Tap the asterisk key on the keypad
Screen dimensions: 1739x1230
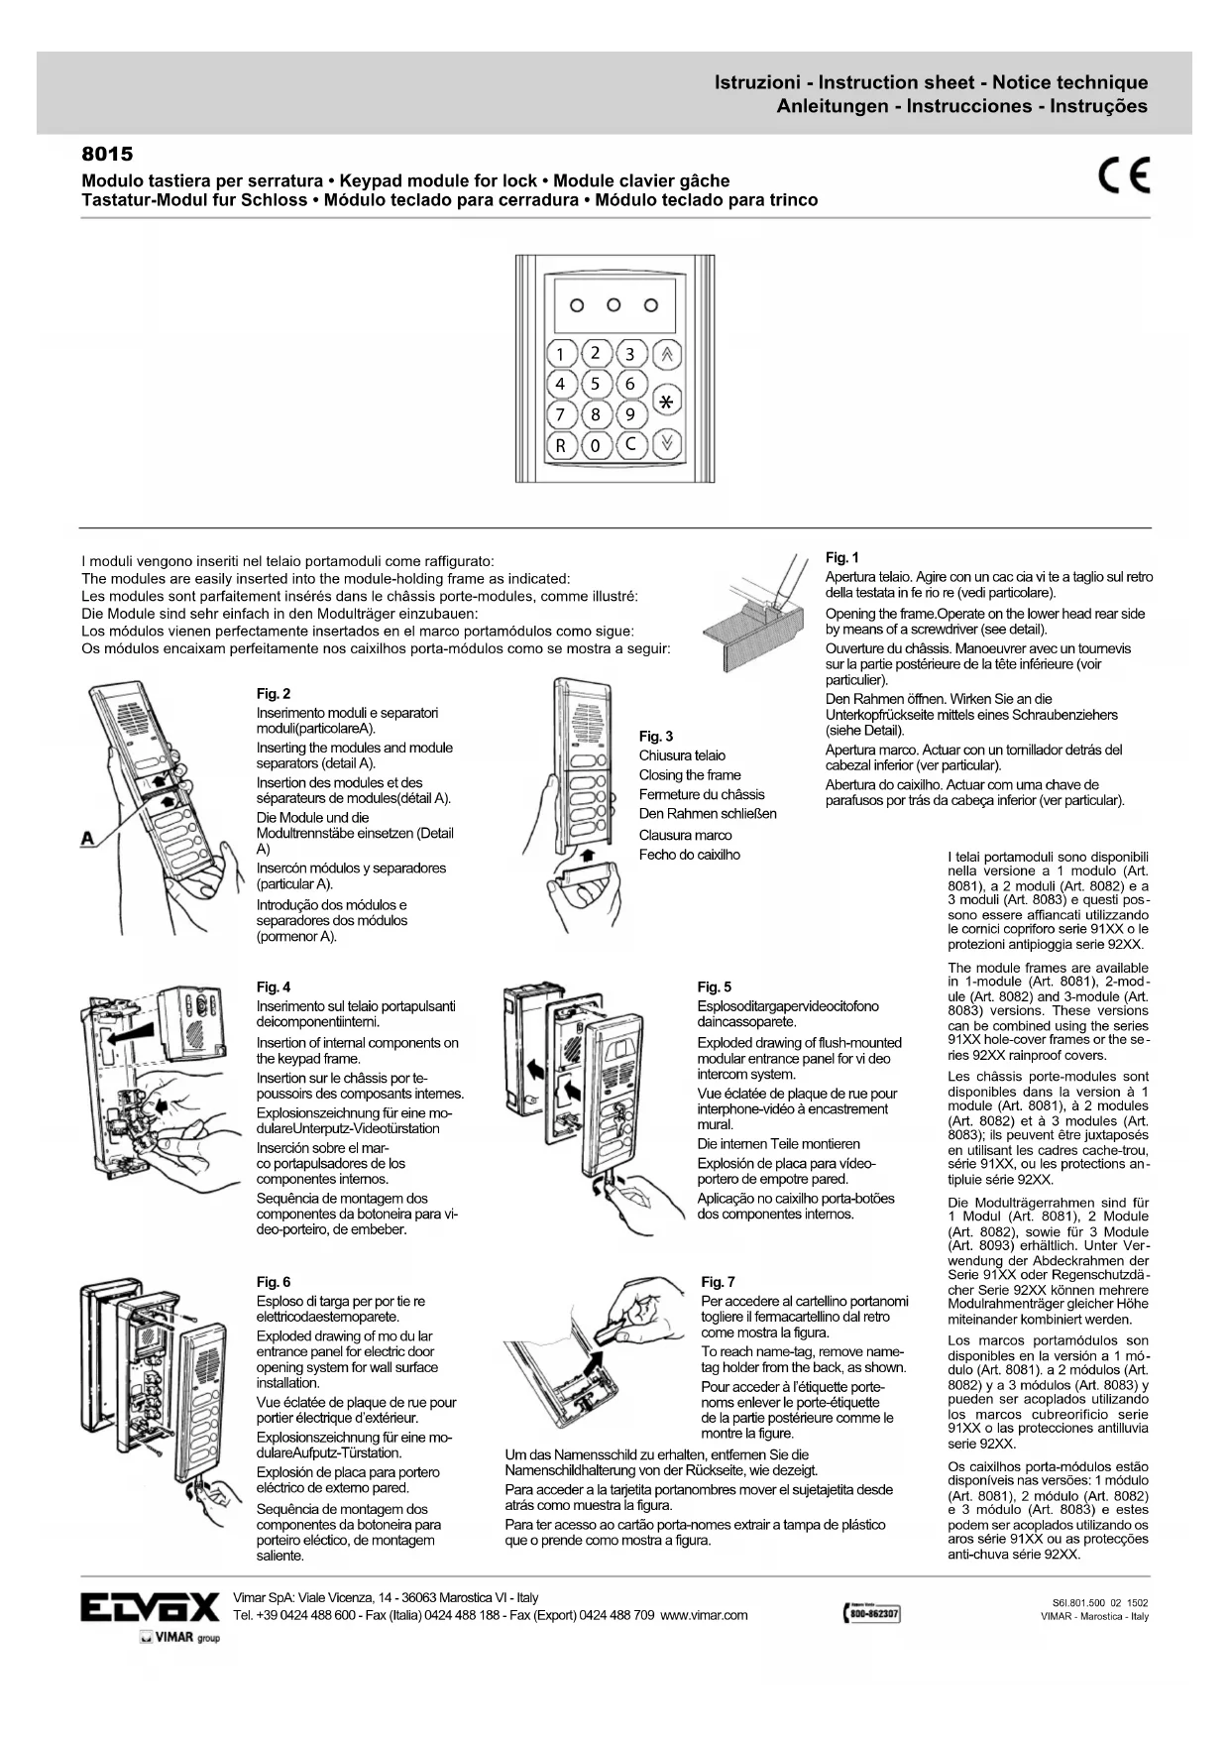(667, 402)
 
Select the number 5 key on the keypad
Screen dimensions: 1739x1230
(595, 384)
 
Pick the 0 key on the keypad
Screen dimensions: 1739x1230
(595, 445)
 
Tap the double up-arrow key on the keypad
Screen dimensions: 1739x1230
(667, 354)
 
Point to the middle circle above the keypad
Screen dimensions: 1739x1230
(614, 304)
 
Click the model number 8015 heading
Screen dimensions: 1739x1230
(106, 155)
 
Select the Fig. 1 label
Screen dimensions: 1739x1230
(842, 557)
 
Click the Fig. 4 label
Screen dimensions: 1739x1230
(274, 986)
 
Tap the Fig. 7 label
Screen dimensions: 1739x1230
(718, 1282)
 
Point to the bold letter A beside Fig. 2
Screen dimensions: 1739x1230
(88, 839)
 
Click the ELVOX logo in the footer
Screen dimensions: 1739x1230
(150, 1607)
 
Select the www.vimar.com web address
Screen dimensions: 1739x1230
(704, 1615)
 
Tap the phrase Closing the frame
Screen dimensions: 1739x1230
(690, 775)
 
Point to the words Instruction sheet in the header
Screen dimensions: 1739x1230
(897, 82)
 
